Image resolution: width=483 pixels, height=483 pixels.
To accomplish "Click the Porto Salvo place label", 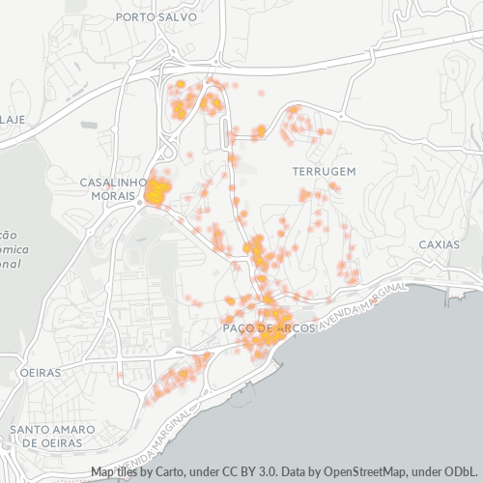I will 156,17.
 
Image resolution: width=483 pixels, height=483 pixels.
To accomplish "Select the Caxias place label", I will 440,244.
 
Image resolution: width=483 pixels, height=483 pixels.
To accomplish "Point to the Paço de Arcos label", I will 264,329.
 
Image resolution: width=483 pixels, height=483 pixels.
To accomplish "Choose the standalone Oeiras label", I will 40,372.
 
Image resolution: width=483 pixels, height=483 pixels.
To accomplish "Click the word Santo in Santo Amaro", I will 29,429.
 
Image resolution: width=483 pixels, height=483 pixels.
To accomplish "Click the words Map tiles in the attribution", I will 117,473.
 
